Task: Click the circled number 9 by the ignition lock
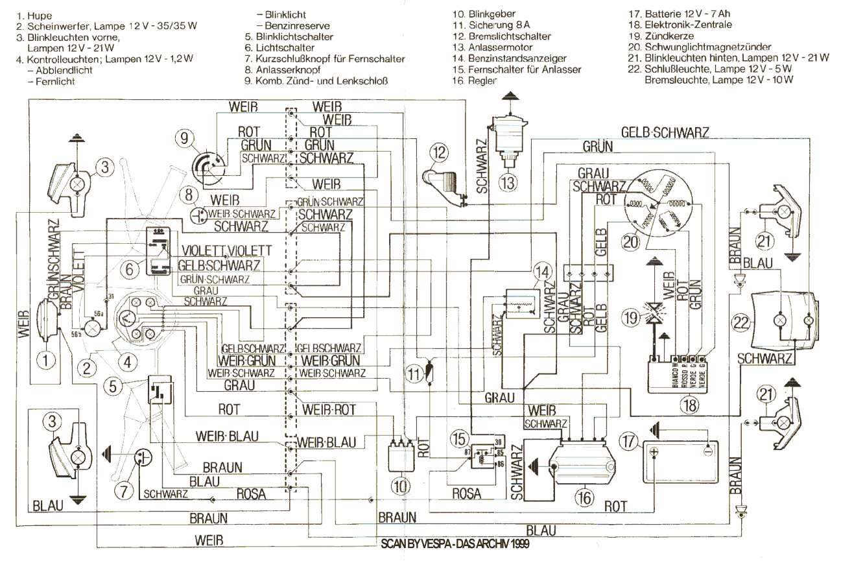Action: tap(184, 137)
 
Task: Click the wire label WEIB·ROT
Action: tap(329, 410)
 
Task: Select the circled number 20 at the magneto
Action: tap(630, 243)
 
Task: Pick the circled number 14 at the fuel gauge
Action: tap(541, 273)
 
